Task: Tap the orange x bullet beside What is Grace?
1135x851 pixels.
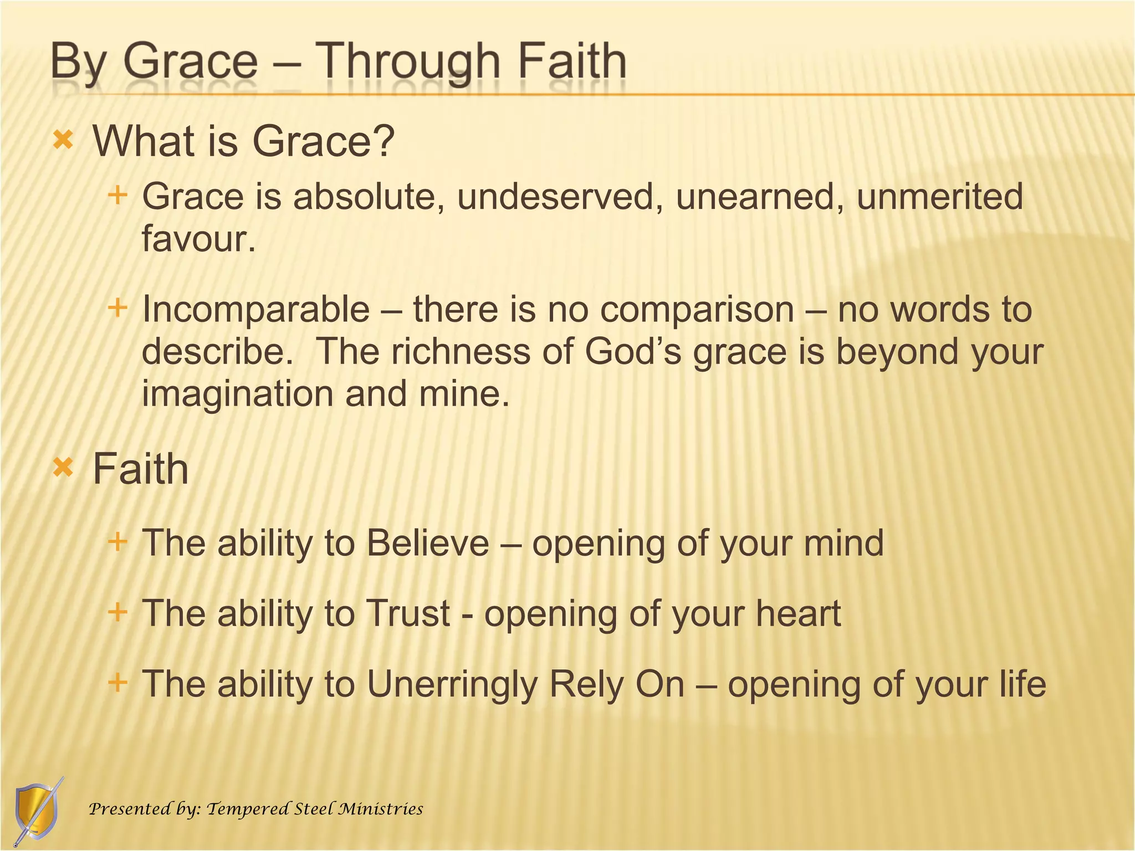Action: [63, 140]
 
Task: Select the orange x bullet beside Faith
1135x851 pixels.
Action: [63, 468]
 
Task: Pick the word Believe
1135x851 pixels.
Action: [427, 543]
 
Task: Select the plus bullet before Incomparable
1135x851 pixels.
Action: [117, 307]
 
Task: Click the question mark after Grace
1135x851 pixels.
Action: [384, 141]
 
